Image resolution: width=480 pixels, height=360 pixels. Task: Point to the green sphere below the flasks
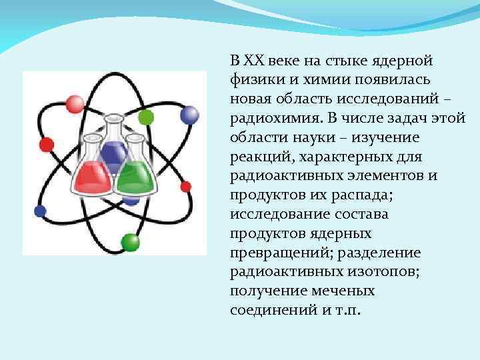pyautogui.click(x=129, y=242)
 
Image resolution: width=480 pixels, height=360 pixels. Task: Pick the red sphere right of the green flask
pyautogui.click(x=186, y=187)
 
